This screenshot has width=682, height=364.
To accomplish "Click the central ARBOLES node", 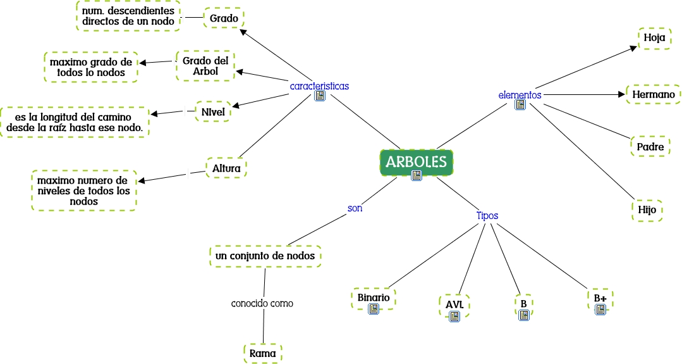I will pyautogui.click(x=416, y=161).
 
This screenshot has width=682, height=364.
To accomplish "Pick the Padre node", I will pyautogui.click(x=650, y=146).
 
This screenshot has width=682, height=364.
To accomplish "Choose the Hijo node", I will pyautogui.click(x=647, y=210).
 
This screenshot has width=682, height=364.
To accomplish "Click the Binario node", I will pyautogui.click(x=373, y=296).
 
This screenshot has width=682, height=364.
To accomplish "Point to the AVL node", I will pyautogui.click(x=454, y=304).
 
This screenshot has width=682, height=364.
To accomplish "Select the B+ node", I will pyautogui.click(x=599, y=297).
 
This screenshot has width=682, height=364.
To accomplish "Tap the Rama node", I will pyautogui.click(x=262, y=353).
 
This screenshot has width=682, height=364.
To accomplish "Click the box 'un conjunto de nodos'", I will pyautogui.click(x=265, y=256).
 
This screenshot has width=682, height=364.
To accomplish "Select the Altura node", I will pyautogui.click(x=226, y=168).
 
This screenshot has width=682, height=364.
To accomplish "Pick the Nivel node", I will pyautogui.click(x=213, y=111).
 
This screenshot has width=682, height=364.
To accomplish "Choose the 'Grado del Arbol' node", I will pyautogui.click(x=205, y=65).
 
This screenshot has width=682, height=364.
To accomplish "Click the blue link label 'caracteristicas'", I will pyautogui.click(x=319, y=85).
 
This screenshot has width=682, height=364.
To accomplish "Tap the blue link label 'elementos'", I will pyautogui.click(x=520, y=94).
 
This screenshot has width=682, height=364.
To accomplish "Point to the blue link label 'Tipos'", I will pyautogui.click(x=487, y=215).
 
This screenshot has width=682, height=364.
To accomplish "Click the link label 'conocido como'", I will pyautogui.click(x=262, y=303).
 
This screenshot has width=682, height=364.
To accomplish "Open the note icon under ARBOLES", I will pyautogui.click(x=416, y=176).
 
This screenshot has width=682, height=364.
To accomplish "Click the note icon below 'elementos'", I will pyautogui.click(x=520, y=105).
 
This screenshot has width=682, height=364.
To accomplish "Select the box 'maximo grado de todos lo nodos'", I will pyautogui.click(x=91, y=67).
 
